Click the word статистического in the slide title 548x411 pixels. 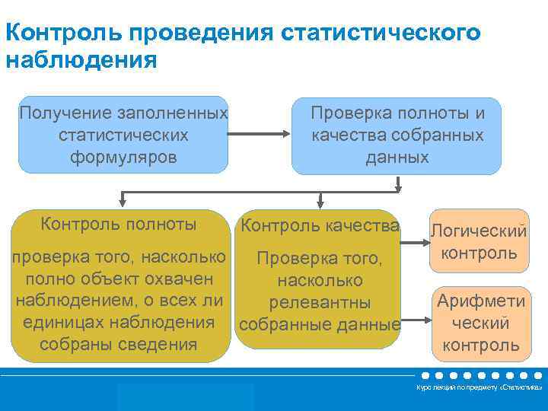381,33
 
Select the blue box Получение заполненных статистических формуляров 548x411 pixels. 123,135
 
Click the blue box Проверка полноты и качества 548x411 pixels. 397,135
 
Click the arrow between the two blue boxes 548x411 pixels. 260,135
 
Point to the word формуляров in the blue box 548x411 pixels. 123,157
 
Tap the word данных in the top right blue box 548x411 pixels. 397,157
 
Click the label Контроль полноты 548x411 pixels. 119,224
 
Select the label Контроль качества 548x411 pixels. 320,225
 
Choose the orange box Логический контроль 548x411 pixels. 479,241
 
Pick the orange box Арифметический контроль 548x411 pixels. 479,323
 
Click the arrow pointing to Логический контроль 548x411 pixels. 414,244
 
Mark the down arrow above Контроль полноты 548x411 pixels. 122,199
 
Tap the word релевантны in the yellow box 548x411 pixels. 320,303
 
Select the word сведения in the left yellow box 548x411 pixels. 159,343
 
